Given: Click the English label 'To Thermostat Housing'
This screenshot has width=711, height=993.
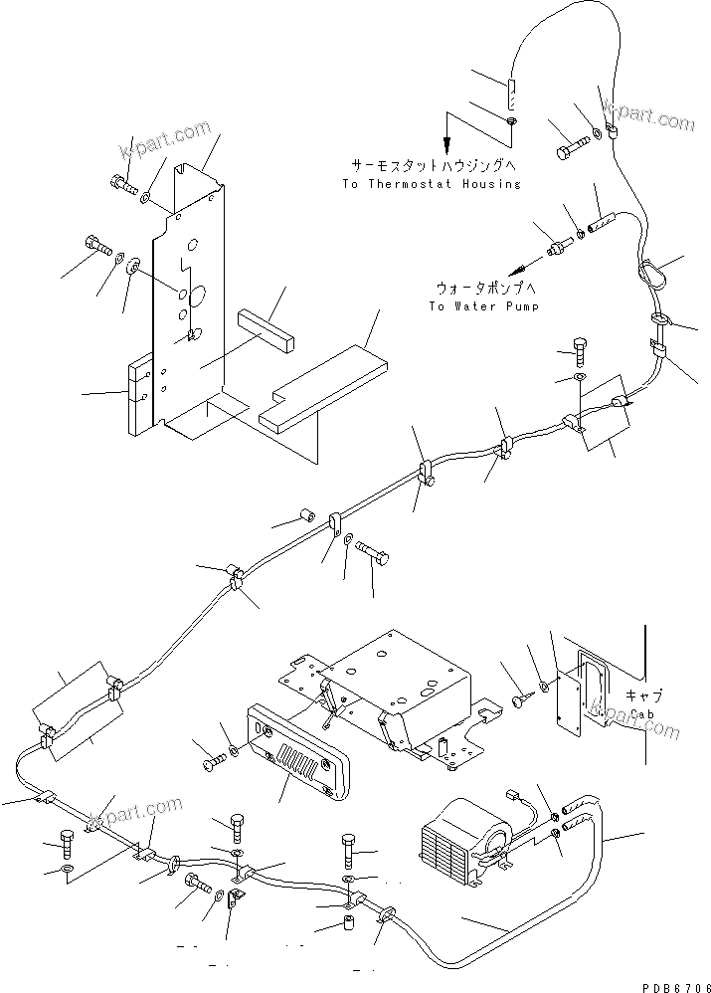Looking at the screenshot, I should (431, 184).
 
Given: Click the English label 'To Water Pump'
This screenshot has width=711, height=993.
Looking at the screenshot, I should (483, 306).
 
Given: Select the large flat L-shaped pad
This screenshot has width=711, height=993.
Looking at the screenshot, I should (321, 382).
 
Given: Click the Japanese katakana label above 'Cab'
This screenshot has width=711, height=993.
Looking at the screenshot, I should (644, 695).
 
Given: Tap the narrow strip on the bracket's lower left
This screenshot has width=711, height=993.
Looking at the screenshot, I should (138, 395).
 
